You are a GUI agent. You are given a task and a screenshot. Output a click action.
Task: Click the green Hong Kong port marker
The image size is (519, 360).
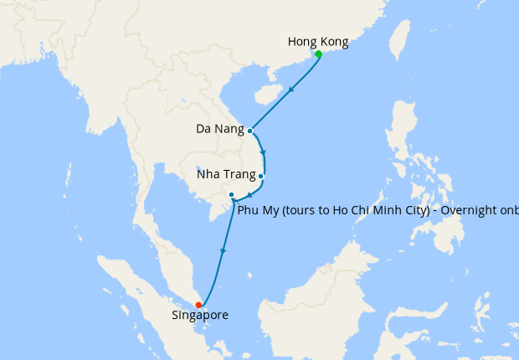[x=319, y=54]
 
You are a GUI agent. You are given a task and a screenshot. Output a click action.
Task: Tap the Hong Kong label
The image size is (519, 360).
[x=317, y=41]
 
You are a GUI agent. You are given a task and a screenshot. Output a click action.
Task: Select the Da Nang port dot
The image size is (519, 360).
[x=250, y=131]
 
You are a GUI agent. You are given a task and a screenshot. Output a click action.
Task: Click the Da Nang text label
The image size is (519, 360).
[x=220, y=130]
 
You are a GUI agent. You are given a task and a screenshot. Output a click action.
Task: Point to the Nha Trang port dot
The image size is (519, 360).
[x=261, y=176]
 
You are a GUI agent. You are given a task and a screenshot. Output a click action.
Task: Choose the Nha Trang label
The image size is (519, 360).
[x=226, y=176]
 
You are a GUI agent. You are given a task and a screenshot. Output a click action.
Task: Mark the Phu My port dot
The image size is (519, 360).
[x=232, y=195]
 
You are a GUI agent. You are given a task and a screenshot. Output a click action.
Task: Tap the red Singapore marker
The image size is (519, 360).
[x=198, y=305]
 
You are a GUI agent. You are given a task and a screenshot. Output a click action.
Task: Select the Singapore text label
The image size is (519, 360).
[x=199, y=316]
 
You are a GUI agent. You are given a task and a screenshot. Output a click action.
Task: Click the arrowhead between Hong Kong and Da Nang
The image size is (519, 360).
[x=290, y=90]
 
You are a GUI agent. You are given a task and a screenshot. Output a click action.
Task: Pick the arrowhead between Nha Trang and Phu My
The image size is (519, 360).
[x=249, y=195]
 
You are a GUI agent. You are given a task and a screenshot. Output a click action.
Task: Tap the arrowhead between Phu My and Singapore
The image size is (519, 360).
[x=222, y=250]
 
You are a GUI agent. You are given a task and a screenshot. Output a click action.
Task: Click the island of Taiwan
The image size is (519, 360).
[x=400, y=42]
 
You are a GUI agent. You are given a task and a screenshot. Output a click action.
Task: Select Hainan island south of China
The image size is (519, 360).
[x=266, y=90]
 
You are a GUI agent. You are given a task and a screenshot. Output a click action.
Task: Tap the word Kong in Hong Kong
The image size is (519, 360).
[x=334, y=41]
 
